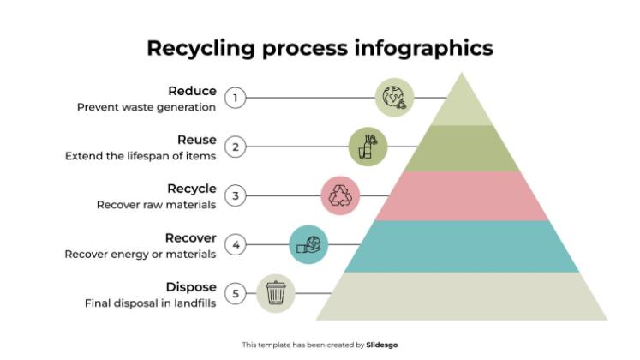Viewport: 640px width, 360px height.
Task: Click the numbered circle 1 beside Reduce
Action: pos(236,98)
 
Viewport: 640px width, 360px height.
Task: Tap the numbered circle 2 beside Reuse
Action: pos(236,147)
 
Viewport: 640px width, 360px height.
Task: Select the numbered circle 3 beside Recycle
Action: pos(236,196)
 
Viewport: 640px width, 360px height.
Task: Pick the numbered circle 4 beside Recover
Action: pos(236,245)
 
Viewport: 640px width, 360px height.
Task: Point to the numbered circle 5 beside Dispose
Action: pos(236,294)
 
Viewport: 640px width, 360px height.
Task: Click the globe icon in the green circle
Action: pos(394,97)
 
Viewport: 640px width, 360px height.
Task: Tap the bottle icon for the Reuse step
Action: pos(368,147)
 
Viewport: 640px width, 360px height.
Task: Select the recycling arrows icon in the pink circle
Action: pos(339,195)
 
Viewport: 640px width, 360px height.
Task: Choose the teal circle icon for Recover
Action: pos(309,245)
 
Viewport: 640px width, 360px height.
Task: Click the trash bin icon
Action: pos(275,294)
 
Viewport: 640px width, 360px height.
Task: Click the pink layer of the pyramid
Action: pos(463,195)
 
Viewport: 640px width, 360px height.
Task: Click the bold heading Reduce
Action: pos(192,91)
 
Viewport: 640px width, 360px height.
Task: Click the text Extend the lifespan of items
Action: pos(141,156)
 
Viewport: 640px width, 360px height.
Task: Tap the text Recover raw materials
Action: pos(156,205)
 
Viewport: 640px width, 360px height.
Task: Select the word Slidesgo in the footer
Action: pos(382,345)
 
